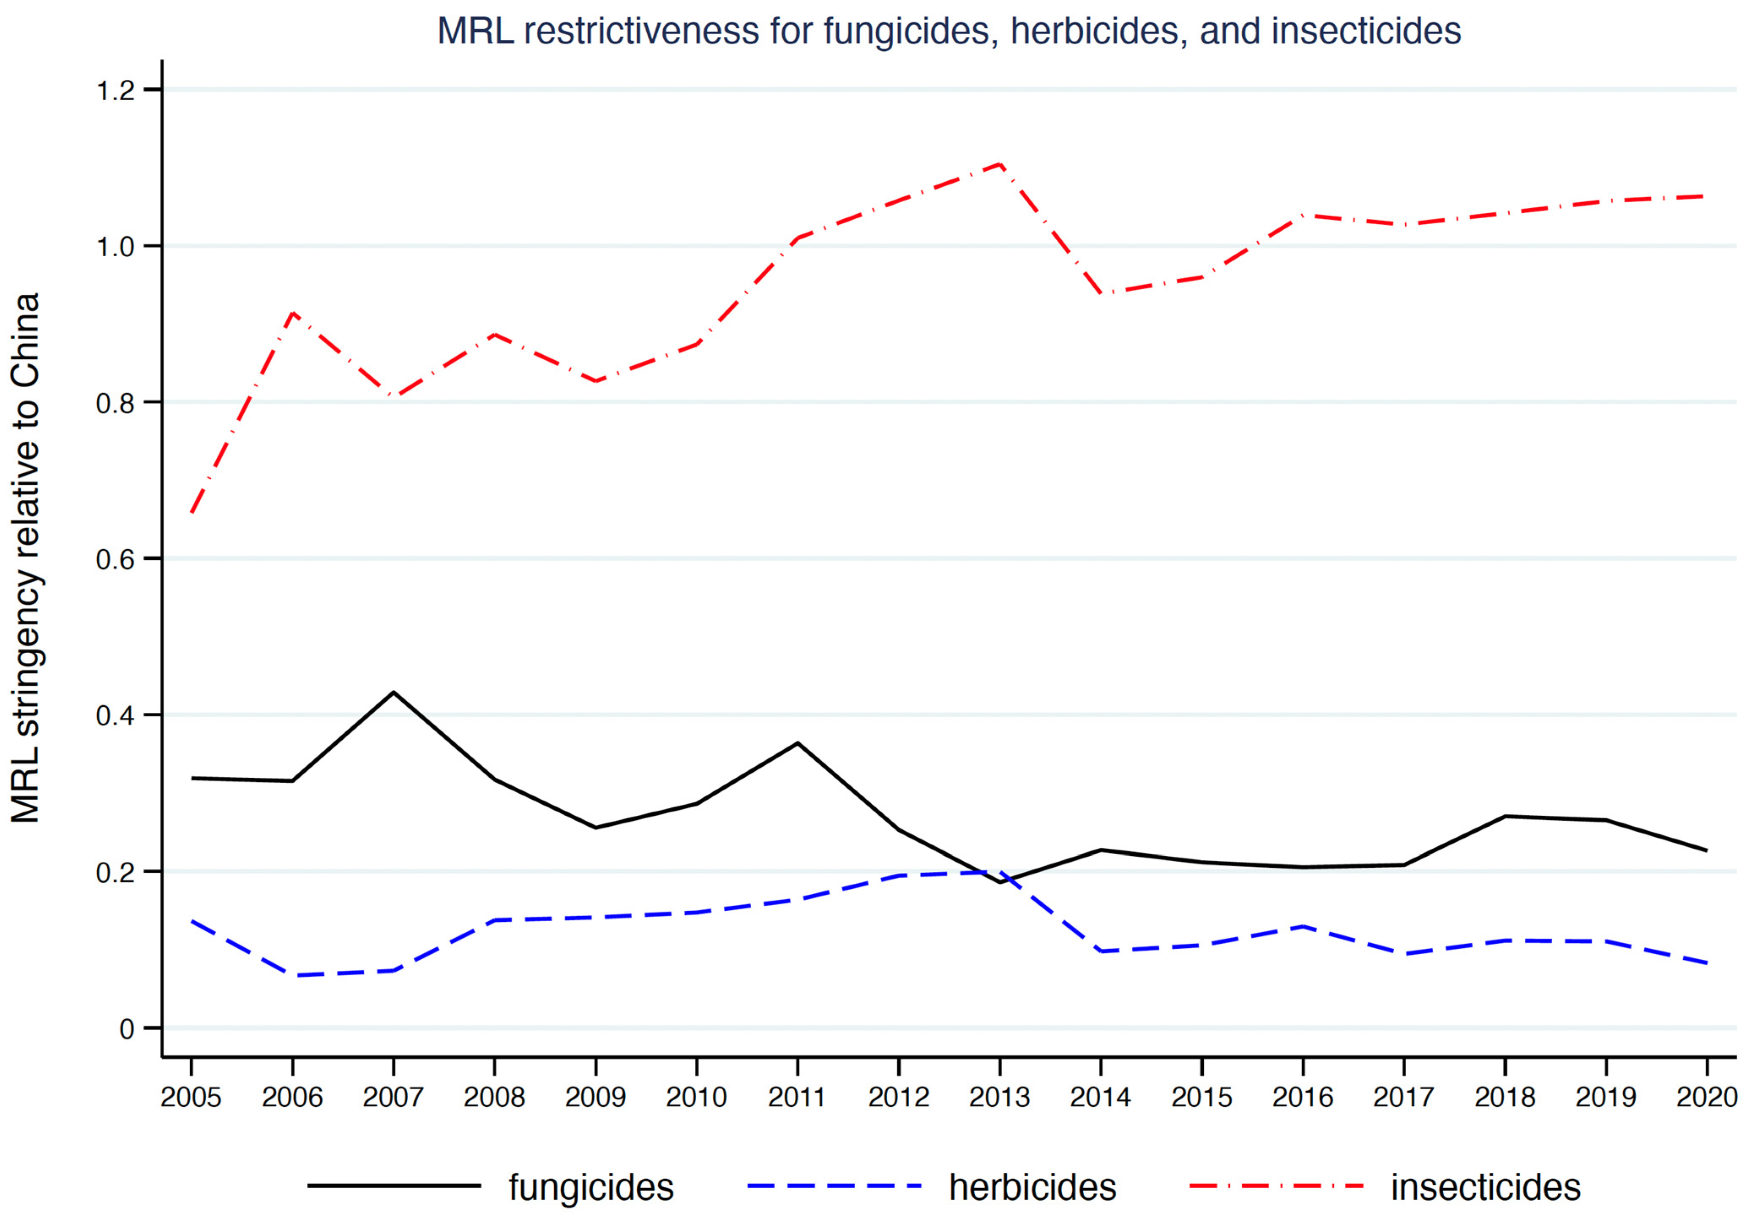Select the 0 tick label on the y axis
(126, 1029)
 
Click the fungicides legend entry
(591, 1187)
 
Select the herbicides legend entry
(1032, 1187)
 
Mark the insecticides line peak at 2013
(999, 164)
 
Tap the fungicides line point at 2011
(797, 743)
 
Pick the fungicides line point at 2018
(1505, 816)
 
